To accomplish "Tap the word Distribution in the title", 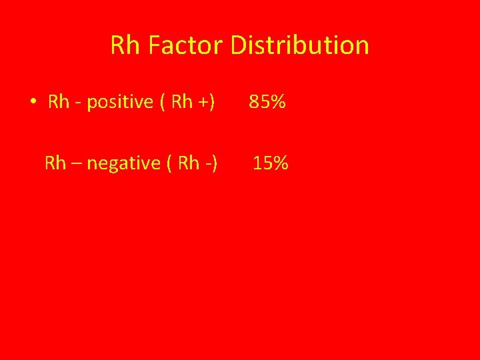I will pos(299,45).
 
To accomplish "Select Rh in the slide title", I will pos(125,45).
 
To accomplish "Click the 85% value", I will pos(267,102).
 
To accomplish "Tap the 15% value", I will pos(270,163).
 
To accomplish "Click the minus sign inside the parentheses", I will pos(208,164).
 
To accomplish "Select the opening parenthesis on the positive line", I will pos(163,102).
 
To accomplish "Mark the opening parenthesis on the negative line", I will pos(165,163).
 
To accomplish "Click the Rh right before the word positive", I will pos(59,102).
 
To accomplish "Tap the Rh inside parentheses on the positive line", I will pos(182,102).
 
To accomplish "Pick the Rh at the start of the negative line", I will pos(55,163).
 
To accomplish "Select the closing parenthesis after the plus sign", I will pos(212,102).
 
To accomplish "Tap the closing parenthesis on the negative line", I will pos(215,163).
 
